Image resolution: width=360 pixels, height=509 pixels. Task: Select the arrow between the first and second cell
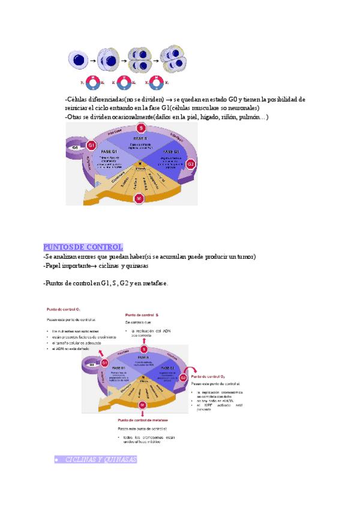point(93,61)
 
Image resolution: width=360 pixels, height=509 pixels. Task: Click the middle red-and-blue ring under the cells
point(125,83)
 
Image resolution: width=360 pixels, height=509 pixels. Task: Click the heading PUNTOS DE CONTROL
point(83,247)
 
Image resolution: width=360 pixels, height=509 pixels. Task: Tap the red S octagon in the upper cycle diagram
point(141,128)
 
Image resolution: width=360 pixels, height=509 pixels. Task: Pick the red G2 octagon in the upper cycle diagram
point(191,163)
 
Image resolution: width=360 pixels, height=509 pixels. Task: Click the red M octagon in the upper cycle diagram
point(139,199)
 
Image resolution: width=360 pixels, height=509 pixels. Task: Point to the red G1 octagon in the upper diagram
point(91,146)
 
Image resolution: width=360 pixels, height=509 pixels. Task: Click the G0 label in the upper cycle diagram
point(75,147)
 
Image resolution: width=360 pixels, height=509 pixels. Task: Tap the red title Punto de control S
point(142,315)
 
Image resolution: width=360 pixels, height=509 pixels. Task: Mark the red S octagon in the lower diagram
point(144,349)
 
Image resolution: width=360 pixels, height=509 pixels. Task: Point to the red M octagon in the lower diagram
point(142,406)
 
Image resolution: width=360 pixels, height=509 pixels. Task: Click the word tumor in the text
point(245,257)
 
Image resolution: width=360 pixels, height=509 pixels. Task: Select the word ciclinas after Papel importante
point(110,266)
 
